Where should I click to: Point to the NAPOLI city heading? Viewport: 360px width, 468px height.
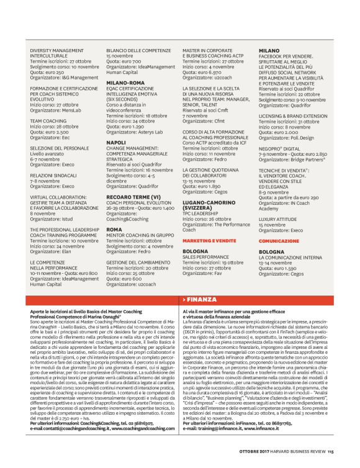tap(116, 143)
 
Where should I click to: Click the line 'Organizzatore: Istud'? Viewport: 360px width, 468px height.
tap(52, 219)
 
